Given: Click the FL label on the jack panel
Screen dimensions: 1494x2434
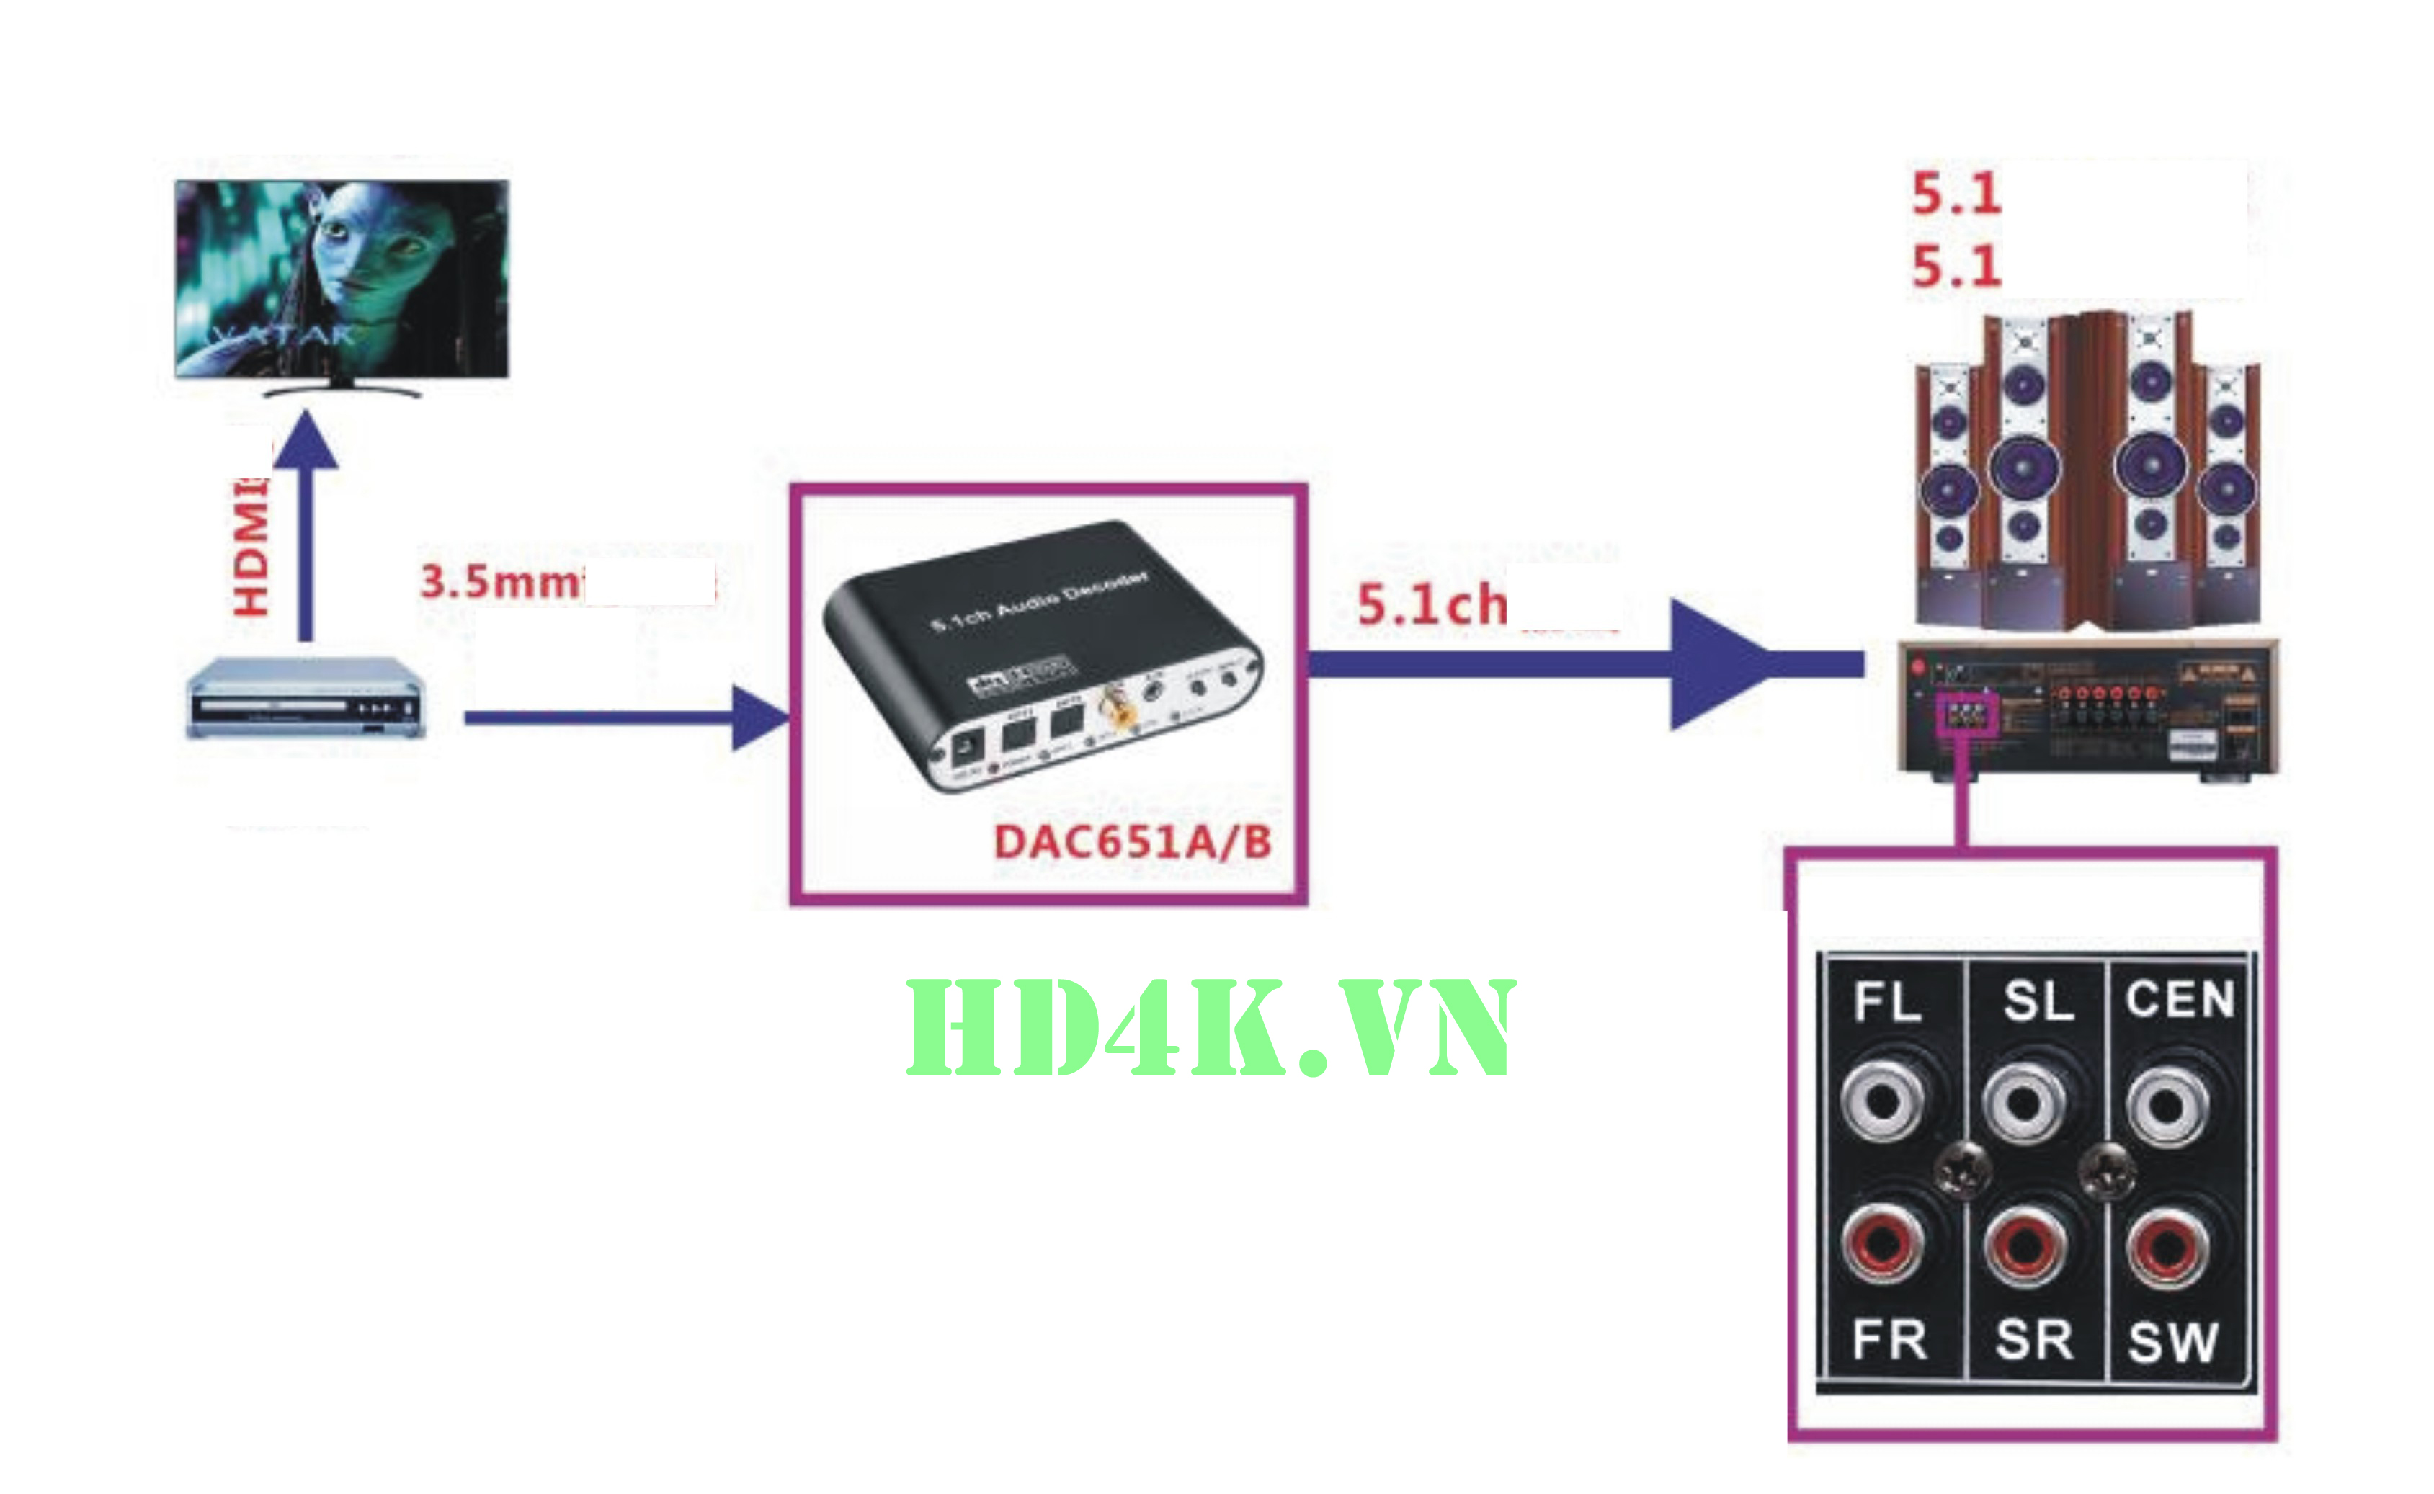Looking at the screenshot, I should tap(1888, 1002).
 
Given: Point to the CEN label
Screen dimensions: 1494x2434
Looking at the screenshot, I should tap(2180, 999).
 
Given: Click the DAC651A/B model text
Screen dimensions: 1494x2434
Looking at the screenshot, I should tap(1133, 842).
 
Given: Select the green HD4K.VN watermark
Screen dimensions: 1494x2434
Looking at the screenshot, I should tap(1211, 1029).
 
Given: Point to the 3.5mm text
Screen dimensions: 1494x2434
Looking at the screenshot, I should tap(501, 581).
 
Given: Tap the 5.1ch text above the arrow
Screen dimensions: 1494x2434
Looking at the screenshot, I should tap(1432, 604).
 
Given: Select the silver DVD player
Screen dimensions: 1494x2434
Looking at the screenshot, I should tap(306, 697).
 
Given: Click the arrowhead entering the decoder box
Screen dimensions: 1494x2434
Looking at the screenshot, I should tap(759, 717).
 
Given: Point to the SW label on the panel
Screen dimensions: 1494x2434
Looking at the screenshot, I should tap(2173, 1342).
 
